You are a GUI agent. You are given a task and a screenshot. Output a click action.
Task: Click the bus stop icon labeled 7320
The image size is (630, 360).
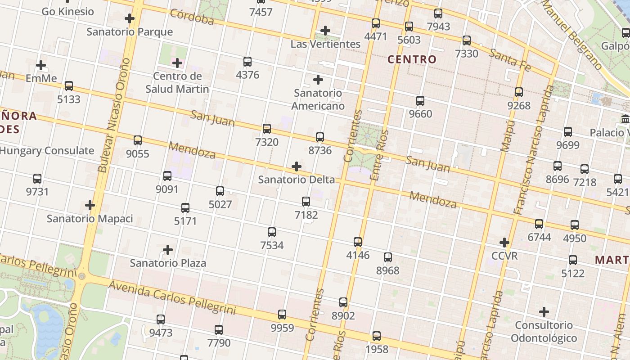pos(267,129)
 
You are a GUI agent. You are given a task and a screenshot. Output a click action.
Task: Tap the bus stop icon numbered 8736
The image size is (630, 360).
pos(320,137)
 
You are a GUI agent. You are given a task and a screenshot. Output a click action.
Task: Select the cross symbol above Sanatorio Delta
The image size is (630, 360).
pos(297,166)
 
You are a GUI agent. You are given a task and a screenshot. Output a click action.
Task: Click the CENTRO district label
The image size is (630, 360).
pos(412,59)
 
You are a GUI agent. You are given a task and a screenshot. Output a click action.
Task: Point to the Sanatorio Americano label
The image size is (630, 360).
pos(318,99)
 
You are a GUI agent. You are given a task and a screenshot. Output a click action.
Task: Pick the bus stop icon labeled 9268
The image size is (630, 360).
pos(519,92)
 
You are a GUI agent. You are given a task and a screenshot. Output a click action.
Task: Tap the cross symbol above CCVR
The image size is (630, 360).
pos(504,243)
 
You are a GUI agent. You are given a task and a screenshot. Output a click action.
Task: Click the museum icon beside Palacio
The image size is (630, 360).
pos(625,120)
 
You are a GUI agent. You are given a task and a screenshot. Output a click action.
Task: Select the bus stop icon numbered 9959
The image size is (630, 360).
pos(282,315)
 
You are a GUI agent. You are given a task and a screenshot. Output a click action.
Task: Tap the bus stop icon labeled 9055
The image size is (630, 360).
pos(138,140)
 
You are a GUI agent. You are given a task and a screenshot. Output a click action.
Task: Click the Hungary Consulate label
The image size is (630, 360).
pos(47,151)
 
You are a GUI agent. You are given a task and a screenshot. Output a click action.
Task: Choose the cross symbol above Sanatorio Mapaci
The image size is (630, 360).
pos(90,206)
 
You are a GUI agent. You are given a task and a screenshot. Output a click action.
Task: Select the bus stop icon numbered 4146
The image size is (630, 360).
pos(358,242)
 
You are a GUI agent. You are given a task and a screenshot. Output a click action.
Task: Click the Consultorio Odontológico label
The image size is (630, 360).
pos(544,332)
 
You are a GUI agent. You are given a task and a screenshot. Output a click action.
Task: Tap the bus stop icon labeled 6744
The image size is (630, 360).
pos(539,224)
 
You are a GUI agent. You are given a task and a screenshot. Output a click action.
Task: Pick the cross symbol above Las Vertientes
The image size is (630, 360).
pos(325,31)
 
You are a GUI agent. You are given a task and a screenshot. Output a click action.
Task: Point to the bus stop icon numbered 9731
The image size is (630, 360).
pos(37,179)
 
